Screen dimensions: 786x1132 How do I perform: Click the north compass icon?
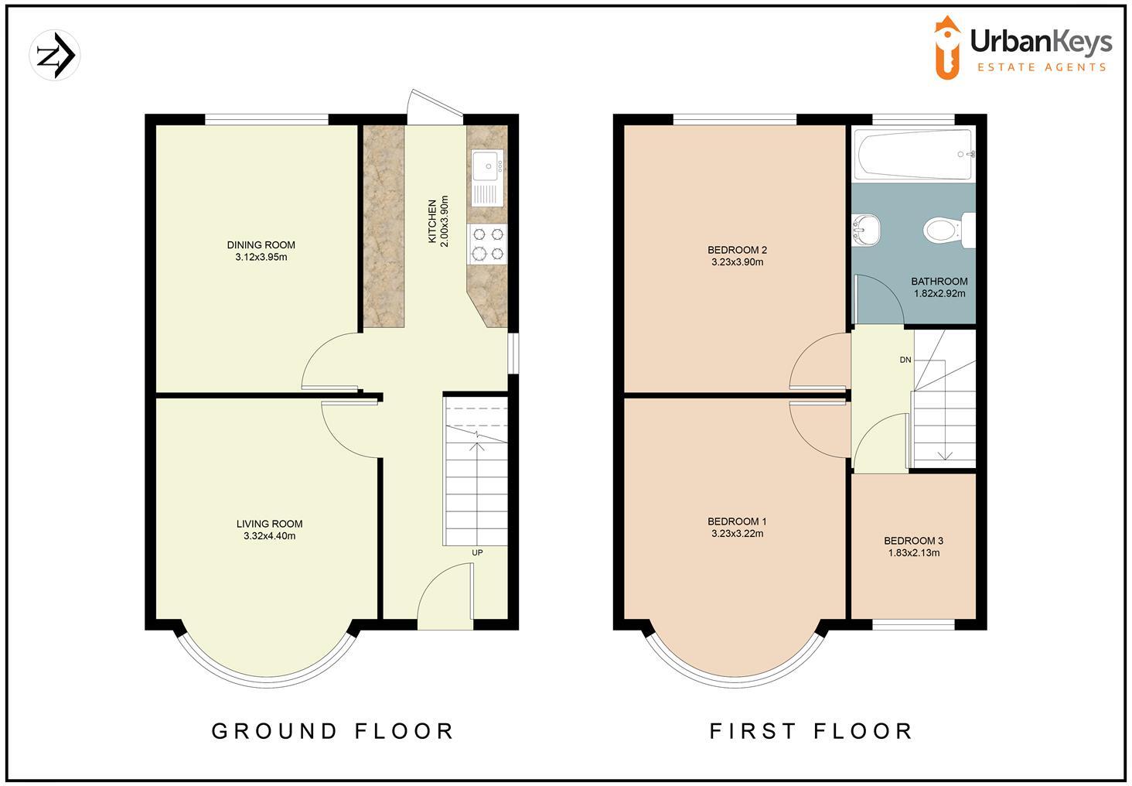pos(55,55)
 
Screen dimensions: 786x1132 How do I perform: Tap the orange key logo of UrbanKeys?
pos(947,48)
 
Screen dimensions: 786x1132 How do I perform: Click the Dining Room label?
pos(261,245)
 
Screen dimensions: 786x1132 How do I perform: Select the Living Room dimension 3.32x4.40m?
pos(269,536)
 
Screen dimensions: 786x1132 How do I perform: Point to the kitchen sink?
pos(486,165)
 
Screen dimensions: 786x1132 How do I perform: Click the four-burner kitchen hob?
pos(487,243)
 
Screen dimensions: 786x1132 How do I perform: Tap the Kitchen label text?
pos(432,222)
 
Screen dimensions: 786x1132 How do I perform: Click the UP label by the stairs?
pos(477,553)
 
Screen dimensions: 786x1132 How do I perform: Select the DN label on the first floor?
pos(905,361)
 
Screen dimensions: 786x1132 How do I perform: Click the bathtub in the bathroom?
pos(913,154)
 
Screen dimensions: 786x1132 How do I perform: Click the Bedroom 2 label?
pos(737,250)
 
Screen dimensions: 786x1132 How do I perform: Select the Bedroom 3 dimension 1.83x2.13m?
pos(913,553)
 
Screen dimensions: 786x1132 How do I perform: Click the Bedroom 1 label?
pos(737,521)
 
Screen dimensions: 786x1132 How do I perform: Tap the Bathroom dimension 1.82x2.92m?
pos(939,294)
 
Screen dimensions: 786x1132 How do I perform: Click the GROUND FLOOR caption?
pos(332,731)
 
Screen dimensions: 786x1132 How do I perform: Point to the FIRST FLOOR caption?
pos(811,731)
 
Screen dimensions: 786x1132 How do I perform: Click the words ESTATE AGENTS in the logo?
pos(1042,67)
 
